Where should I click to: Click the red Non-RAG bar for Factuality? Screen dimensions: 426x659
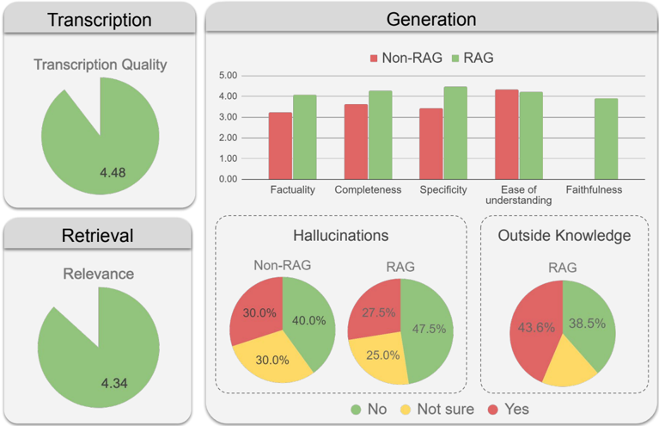click(280, 145)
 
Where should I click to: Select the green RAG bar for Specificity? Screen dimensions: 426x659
click(455, 133)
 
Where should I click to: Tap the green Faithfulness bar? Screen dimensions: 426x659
click(606, 139)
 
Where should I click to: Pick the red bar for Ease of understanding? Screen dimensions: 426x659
click(507, 134)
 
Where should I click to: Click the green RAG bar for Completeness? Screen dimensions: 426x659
click(380, 135)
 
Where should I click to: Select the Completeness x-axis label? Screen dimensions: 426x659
click(368, 189)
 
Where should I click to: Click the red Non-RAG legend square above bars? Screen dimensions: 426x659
click(375, 58)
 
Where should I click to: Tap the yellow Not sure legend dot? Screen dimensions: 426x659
click(406, 409)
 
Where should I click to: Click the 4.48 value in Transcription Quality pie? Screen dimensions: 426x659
click(113, 173)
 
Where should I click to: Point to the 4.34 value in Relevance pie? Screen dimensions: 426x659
click(113, 382)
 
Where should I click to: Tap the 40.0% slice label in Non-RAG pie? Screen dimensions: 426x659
click(308, 320)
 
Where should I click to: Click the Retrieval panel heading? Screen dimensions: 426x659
click(99, 235)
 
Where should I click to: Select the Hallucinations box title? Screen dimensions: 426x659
click(340, 234)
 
